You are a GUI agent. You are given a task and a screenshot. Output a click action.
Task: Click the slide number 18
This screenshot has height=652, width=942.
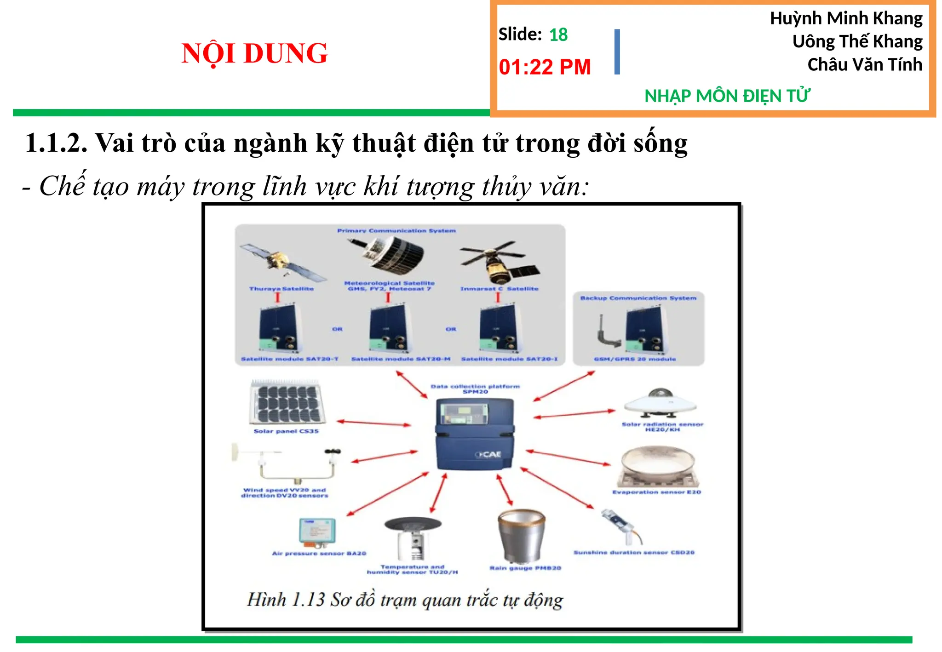click(x=558, y=35)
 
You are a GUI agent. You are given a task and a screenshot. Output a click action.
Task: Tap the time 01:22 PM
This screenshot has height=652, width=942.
click(x=545, y=67)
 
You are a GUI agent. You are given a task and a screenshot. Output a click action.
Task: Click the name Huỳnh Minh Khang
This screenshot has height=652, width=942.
click(x=846, y=18)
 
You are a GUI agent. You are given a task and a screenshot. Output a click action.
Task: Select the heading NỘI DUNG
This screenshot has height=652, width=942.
click(x=254, y=53)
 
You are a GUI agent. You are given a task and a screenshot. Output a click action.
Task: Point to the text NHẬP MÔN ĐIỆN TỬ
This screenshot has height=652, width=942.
click(x=727, y=96)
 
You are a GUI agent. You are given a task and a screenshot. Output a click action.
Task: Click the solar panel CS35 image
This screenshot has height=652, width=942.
click(x=287, y=402)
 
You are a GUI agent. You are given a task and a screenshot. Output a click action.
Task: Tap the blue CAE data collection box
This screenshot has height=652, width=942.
click(x=475, y=434)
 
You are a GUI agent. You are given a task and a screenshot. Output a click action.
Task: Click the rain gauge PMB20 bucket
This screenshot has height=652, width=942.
click(x=521, y=535)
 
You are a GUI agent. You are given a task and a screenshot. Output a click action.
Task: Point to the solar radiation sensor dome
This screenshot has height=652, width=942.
click(x=661, y=403)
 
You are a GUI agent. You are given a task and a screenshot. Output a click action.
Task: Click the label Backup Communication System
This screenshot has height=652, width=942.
click(x=638, y=298)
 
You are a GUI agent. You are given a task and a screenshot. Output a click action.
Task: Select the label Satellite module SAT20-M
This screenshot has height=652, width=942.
click(x=400, y=359)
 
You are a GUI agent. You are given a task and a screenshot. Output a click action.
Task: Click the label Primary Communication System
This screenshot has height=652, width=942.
click(x=396, y=230)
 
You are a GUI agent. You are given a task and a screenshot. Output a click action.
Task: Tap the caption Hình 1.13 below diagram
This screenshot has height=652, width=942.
click(x=405, y=600)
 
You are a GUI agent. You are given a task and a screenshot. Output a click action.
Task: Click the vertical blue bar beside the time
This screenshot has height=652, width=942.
click(x=617, y=52)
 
